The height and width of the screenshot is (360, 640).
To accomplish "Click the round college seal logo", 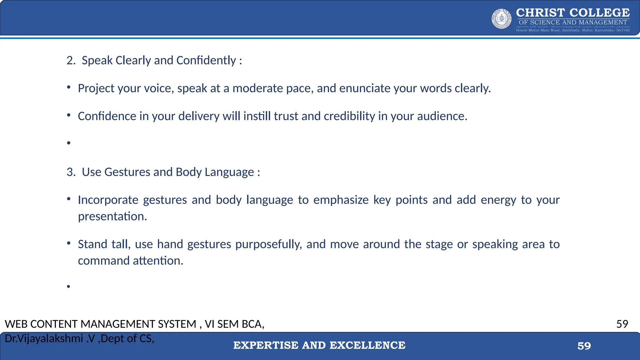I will (502, 19).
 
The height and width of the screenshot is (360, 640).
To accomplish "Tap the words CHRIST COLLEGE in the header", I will (573, 13).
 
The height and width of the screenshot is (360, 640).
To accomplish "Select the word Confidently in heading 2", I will (206, 60).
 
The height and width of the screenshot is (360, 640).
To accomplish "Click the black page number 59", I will (622, 324).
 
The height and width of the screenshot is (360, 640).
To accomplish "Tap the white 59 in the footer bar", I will (584, 346).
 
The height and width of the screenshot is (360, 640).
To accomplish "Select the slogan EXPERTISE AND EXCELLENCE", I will (319, 345).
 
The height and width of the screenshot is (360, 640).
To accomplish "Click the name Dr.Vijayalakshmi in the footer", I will (44, 338).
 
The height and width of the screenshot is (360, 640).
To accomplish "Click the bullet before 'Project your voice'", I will (69, 87).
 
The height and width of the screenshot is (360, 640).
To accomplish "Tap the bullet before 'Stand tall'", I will (69, 243).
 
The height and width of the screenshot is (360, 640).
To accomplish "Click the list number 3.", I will (71, 172).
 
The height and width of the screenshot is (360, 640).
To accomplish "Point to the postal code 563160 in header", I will (623, 30).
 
